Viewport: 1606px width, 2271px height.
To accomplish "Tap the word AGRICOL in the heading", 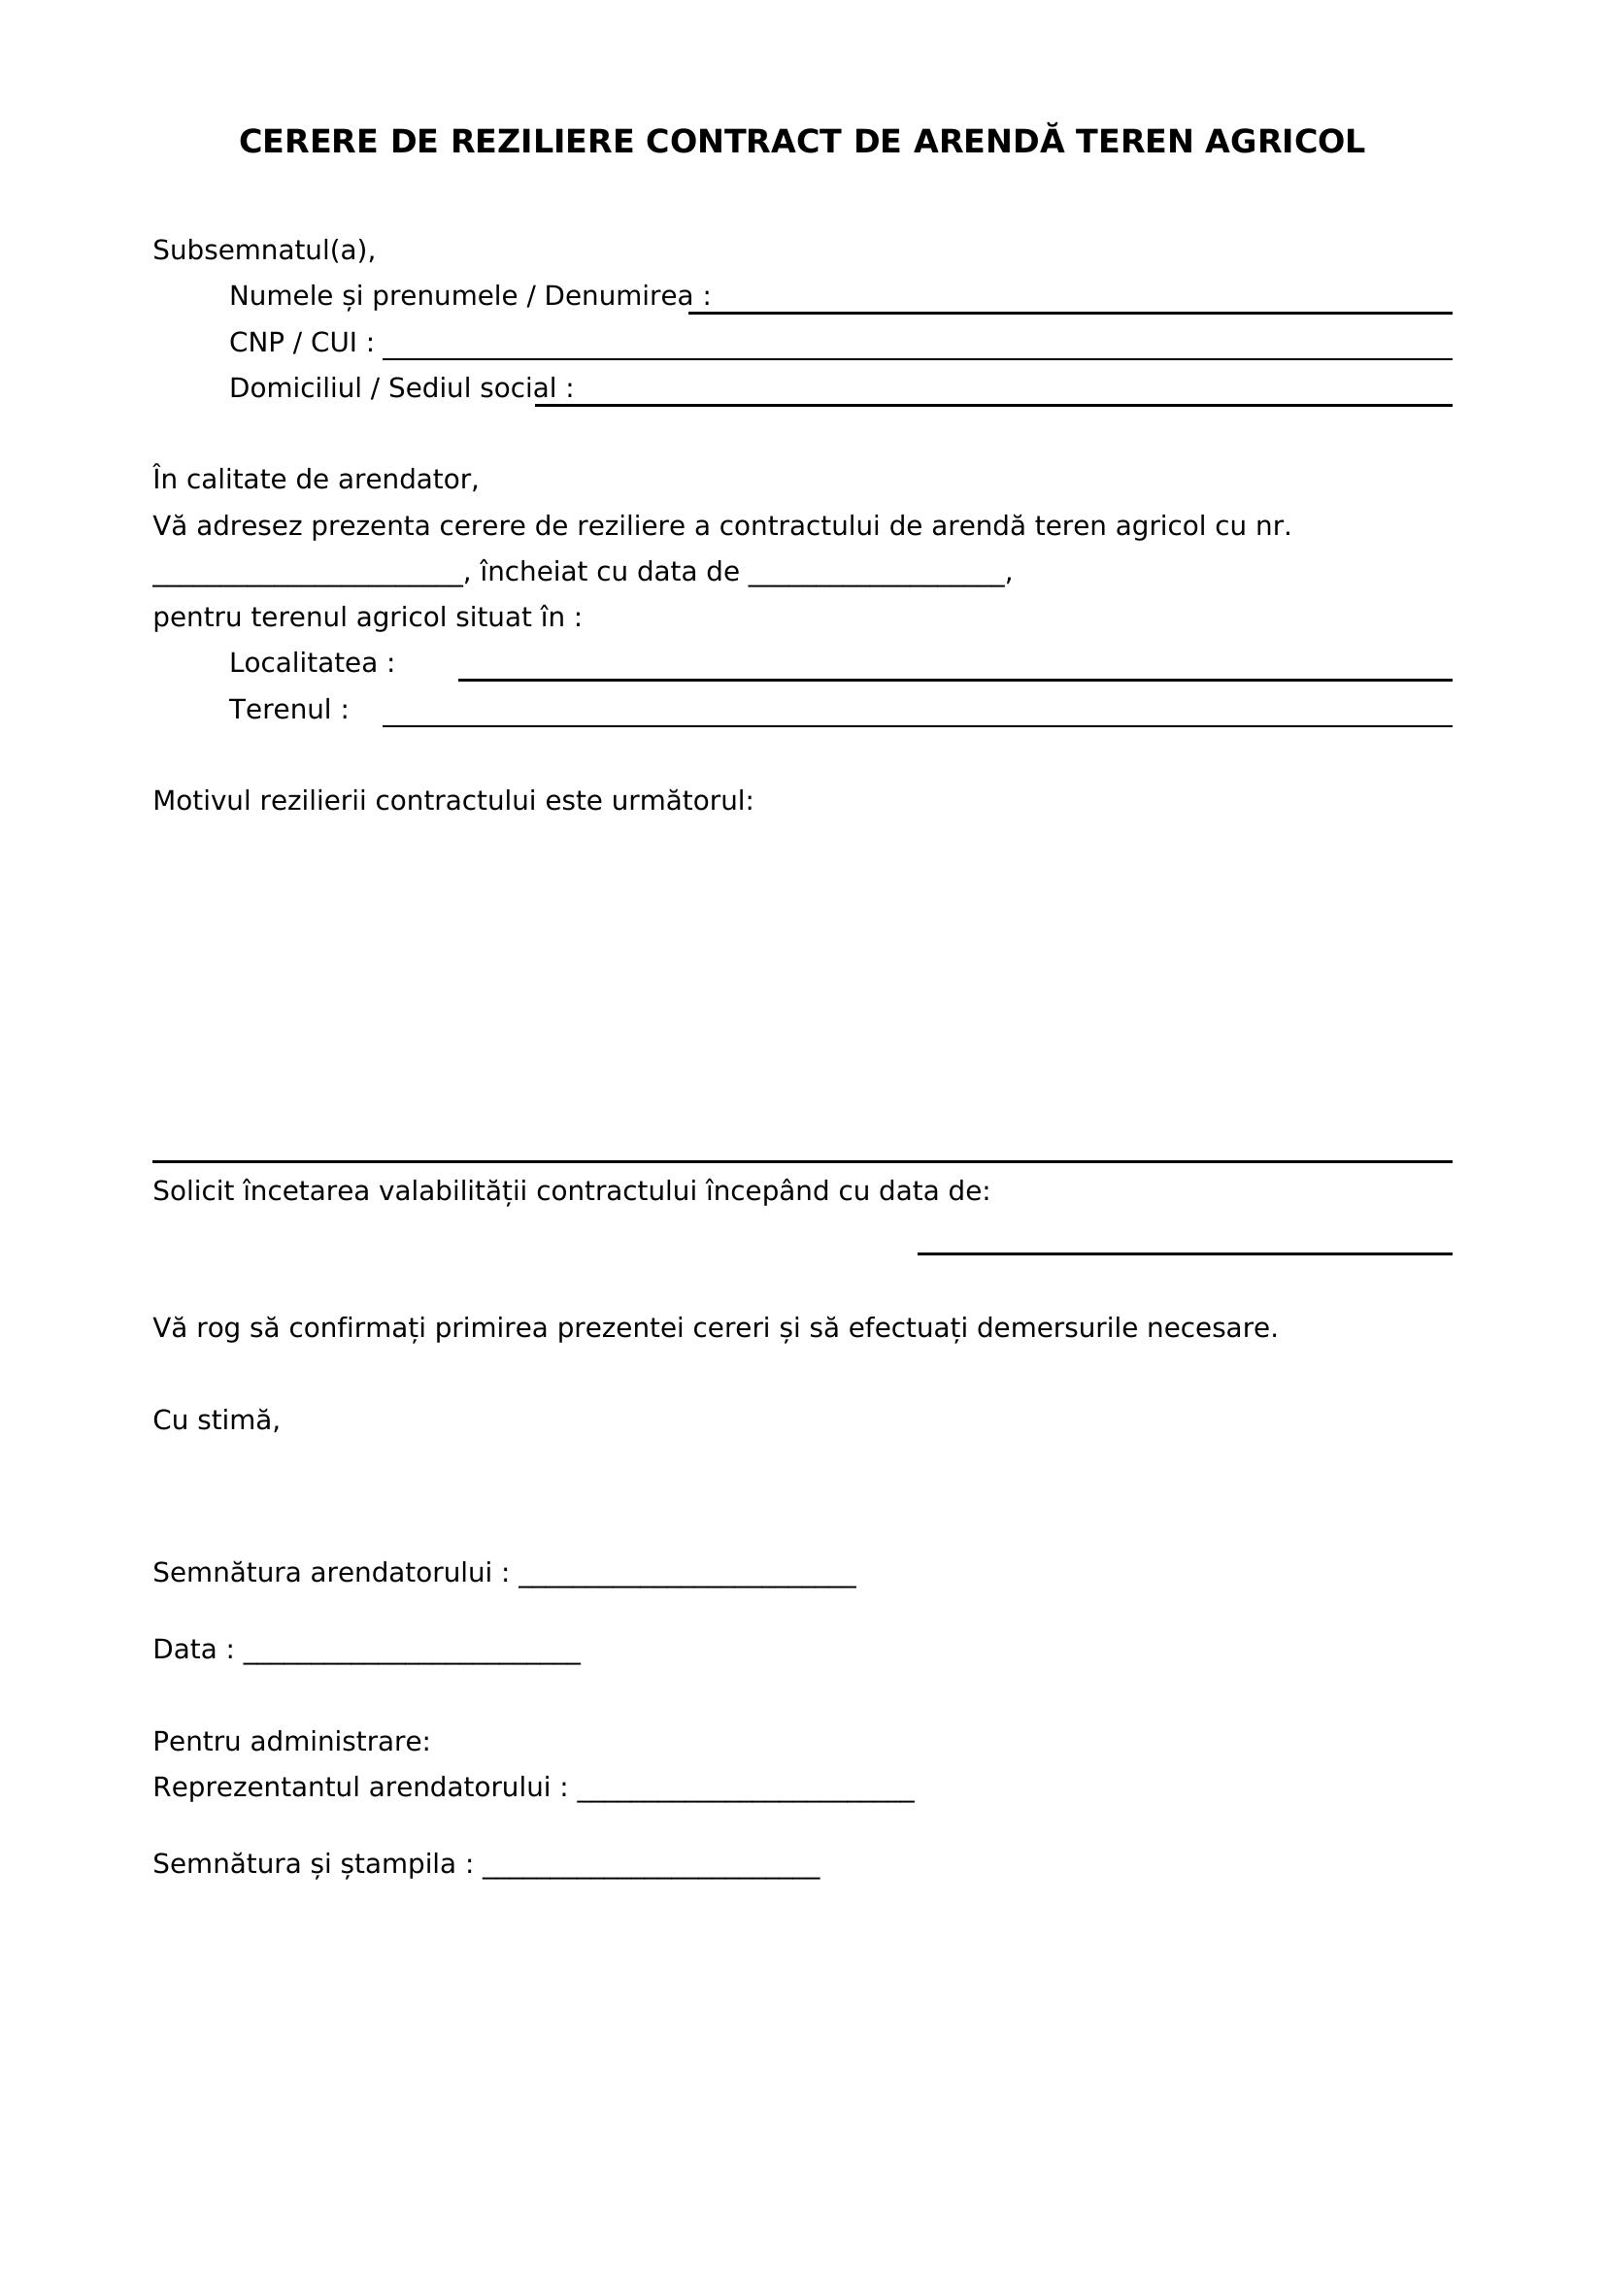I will point(1285,143).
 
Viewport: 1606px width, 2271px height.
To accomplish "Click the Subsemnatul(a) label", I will point(263,250).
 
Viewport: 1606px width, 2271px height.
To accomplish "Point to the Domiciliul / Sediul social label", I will point(400,387).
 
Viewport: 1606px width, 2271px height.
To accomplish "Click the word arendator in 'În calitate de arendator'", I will point(408,480).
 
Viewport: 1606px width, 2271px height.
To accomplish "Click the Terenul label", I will point(288,710).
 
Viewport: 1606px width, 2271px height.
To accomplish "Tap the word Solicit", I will point(193,1192).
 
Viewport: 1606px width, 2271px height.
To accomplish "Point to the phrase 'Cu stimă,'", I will point(216,1420).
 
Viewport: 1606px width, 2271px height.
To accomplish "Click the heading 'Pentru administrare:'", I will point(290,1742).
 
